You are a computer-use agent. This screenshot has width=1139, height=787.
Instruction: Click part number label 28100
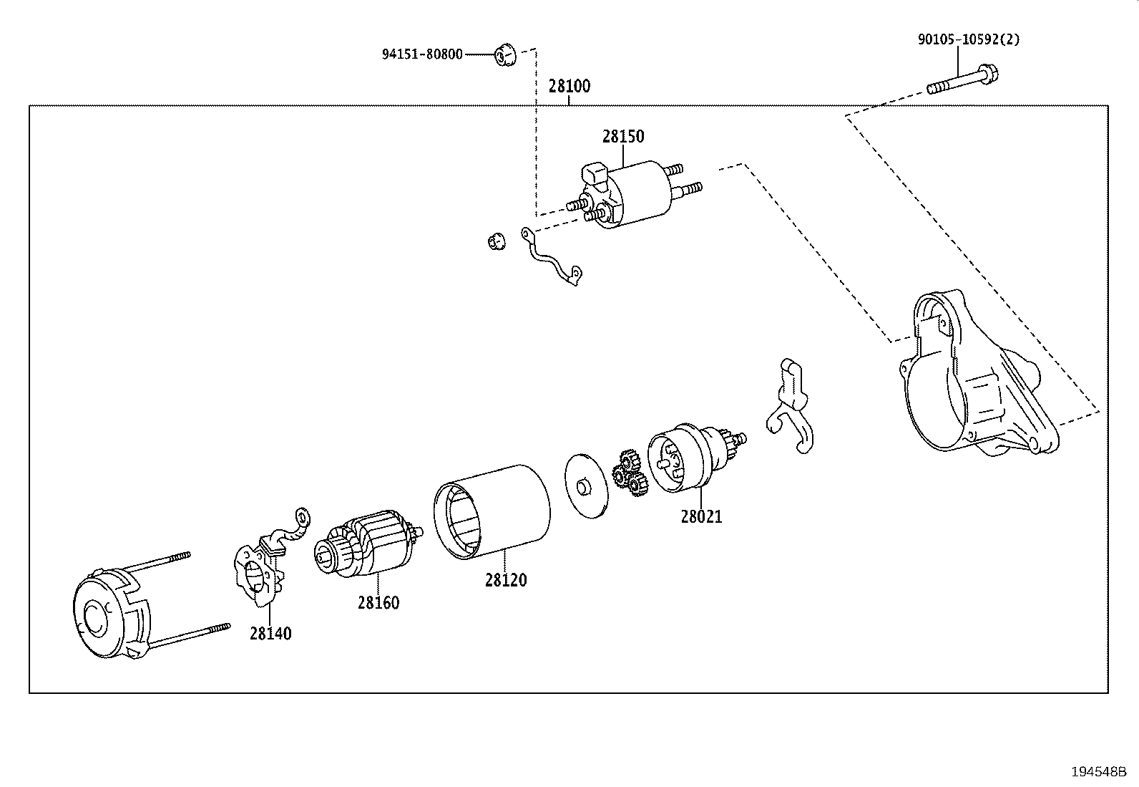tap(569, 87)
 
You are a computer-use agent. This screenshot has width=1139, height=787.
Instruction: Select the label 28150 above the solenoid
tap(622, 136)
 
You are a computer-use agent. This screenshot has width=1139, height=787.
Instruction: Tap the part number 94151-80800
tap(422, 54)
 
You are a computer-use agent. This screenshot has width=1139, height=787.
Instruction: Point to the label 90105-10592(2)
tap(969, 39)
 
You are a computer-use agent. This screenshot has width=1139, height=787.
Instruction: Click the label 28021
tap(701, 516)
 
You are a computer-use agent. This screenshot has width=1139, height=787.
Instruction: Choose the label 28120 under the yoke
tap(505, 580)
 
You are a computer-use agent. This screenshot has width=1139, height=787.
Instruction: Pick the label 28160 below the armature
tap(378, 603)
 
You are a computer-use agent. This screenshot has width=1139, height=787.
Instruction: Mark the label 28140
tap(270, 634)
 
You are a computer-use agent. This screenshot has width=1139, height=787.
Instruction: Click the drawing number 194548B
tap(1098, 772)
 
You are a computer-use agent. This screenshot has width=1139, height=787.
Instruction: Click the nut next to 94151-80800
tap(505, 54)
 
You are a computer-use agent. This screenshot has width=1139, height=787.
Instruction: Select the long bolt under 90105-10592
tap(962, 80)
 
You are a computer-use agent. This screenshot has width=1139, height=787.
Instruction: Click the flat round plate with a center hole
tap(585, 485)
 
